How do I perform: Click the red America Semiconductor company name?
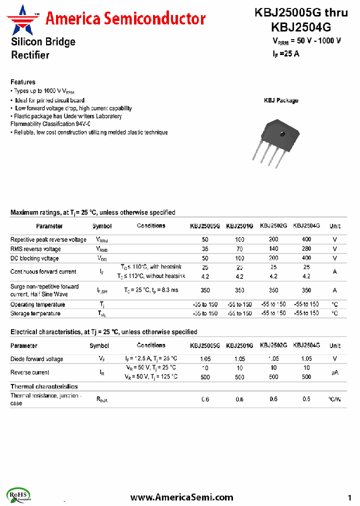click(x=125, y=19)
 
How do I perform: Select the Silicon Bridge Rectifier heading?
click(x=43, y=48)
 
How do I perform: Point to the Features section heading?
click(x=23, y=82)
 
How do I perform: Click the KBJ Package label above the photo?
click(x=281, y=100)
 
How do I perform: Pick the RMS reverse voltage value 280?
click(x=306, y=249)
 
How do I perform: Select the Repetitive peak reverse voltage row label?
click(x=48, y=239)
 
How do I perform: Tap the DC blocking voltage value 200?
click(x=273, y=258)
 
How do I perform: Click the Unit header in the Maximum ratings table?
click(x=335, y=226)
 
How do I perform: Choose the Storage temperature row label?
click(x=35, y=313)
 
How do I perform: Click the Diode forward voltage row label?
click(x=37, y=359)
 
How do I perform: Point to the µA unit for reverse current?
click(x=335, y=372)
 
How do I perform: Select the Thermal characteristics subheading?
click(x=44, y=386)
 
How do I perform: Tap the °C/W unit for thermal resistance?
click(x=335, y=399)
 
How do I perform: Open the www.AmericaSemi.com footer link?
click(x=181, y=497)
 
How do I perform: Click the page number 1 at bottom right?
click(x=349, y=497)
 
